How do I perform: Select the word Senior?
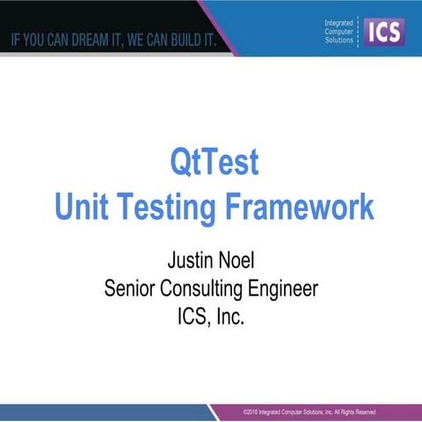pos(131,287)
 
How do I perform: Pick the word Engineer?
pos(283,288)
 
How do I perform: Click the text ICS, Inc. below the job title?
pos(211,314)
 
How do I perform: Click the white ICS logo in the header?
pos(383,32)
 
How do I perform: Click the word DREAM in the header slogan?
pos(95,40)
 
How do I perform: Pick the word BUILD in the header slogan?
pos(189,40)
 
